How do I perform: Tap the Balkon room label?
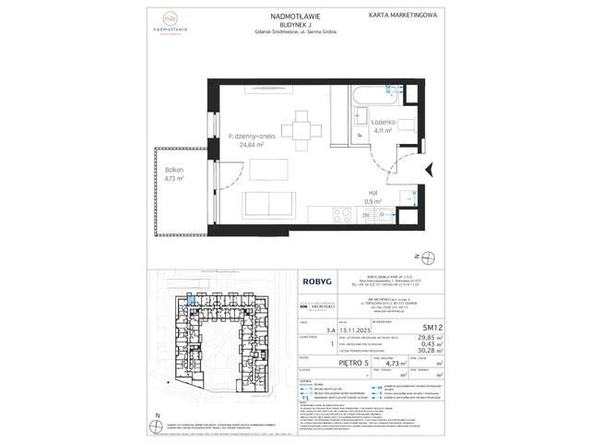161,171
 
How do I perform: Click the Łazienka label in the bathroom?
383,122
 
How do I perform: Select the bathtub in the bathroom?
377,94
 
